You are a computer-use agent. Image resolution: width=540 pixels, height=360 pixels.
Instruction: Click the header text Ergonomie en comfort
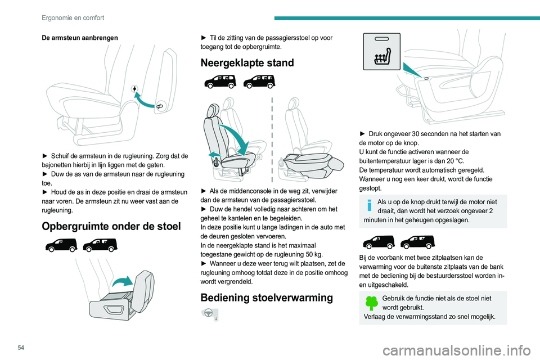click(x=73, y=17)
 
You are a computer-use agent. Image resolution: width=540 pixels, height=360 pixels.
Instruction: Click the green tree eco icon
click(x=372, y=302)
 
